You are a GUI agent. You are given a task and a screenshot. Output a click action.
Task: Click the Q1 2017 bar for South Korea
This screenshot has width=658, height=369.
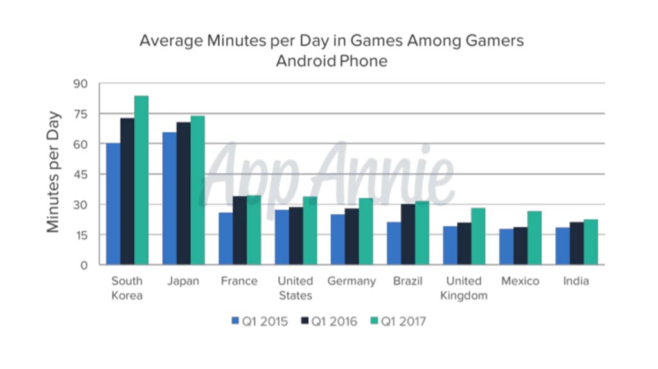coord(141,180)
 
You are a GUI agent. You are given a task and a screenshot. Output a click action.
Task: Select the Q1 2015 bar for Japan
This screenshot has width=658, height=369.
coord(170,198)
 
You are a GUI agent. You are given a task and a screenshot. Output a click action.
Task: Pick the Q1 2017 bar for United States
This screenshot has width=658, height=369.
coord(310,230)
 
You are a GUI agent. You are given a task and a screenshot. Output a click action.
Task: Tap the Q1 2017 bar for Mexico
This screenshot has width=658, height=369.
coord(534,237)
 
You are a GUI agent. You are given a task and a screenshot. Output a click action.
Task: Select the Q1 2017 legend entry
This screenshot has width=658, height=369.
coord(398,321)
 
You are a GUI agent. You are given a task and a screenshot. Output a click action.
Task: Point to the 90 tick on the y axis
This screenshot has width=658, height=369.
coord(82,83)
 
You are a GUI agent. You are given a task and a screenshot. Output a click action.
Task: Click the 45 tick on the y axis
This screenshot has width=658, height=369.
coord(82,175)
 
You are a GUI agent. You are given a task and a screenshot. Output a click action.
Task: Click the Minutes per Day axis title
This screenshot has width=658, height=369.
coord(53,172)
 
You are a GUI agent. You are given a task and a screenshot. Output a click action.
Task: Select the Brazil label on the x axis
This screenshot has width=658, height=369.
coord(408,282)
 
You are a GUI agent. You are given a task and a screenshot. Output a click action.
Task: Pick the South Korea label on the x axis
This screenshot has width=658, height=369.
coord(127,288)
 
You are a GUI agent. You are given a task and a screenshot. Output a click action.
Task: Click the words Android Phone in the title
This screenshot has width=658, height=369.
coord(332,62)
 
